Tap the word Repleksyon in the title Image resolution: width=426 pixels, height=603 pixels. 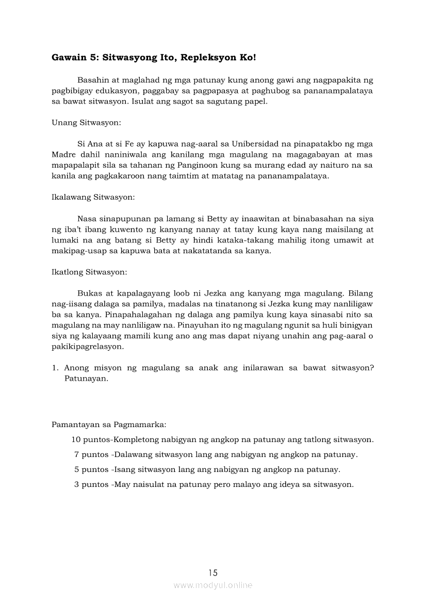coord(206,58)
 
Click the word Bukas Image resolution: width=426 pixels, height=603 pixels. coord(88,293)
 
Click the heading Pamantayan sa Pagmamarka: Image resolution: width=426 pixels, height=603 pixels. coord(108,425)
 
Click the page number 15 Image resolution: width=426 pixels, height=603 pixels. coord(213,572)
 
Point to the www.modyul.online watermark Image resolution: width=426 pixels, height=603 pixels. coord(213,585)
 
